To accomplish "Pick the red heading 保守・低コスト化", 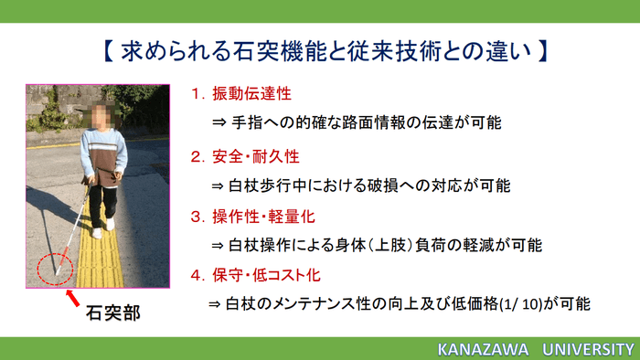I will click(267, 274).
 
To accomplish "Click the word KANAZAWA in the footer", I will click(481, 349).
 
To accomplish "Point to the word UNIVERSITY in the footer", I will click(584, 349).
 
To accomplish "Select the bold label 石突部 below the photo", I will click(112, 312).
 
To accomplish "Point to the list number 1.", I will click(195, 94).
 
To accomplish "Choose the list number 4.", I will click(195, 274).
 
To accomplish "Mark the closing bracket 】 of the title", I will click(540, 48).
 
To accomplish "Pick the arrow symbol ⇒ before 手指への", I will click(219, 122).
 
